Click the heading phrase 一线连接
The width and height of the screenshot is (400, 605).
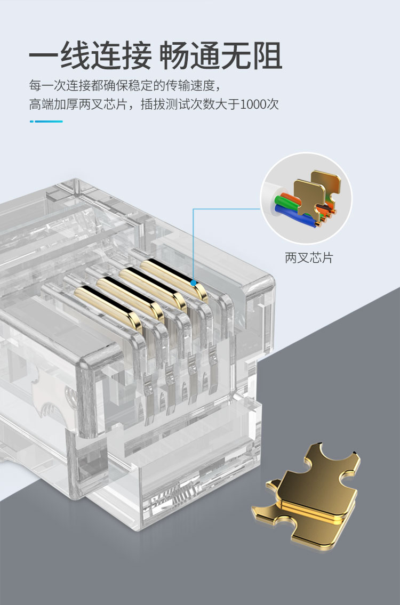click(x=90, y=56)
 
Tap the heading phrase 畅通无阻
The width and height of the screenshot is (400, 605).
click(x=220, y=56)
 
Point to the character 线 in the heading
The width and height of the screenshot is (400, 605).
click(x=75, y=56)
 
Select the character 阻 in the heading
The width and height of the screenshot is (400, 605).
click(x=267, y=56)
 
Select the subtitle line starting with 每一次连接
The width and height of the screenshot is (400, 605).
click(x=125, y=85)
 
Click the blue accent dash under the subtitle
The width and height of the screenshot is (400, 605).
click(x=46, y=122)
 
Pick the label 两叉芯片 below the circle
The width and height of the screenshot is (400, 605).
click(x=309, y=258)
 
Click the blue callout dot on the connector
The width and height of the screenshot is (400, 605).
click(x=194, y=283)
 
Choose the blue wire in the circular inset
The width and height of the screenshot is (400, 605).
click(x=293, y=217)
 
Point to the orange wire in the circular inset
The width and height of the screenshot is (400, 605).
click(x=290, y=195)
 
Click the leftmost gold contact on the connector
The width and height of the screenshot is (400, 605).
click(x=108, y=304)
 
